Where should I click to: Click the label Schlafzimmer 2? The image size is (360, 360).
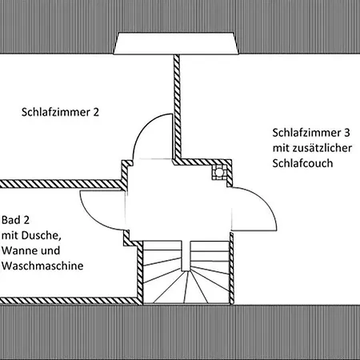[60, 112]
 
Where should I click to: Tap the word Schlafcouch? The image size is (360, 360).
[302, 163]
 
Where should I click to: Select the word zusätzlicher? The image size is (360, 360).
[322, 148]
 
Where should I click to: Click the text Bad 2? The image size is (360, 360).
[15, 220]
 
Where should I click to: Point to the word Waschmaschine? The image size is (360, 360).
[42, 266]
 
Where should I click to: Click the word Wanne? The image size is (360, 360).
[18, 250]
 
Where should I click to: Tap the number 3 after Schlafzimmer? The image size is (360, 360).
[346, 133]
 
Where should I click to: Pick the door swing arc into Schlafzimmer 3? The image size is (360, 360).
[264, 201]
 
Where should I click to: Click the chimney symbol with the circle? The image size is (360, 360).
[219, 172]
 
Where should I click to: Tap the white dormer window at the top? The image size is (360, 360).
[176, 43]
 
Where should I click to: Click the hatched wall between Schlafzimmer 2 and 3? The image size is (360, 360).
[177, 106]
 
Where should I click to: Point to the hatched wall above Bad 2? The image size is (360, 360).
[62, 184]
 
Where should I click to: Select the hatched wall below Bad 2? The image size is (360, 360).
[70, 301]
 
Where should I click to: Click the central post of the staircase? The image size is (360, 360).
[186, 256]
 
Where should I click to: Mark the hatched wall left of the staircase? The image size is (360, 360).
[140, 272]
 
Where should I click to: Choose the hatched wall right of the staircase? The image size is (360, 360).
[232, 268]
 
